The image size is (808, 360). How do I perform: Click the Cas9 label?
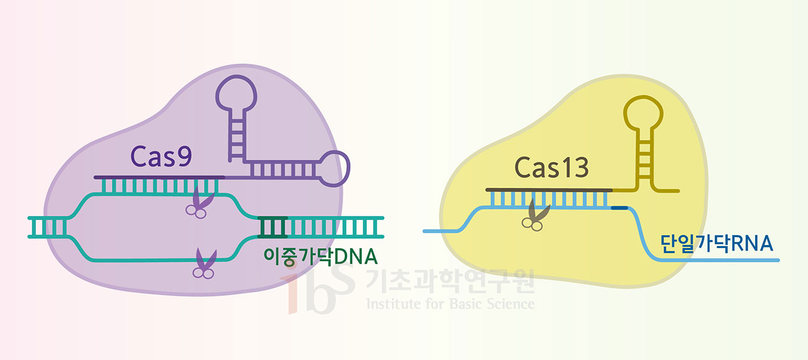tap(161, 157)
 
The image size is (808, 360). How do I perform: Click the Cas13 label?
tap(552, 168)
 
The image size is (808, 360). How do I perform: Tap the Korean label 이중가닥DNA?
tap(321, 256)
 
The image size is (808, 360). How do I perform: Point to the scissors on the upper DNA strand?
tap(199, 203)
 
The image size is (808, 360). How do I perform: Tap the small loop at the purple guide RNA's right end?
tap(336, 168)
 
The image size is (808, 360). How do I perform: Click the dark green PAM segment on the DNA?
tap(272, 228)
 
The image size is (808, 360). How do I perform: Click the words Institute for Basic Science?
tap(450, 304)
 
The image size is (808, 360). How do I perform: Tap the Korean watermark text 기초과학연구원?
tap(450, 282)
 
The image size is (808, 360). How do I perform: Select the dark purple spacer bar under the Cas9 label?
tap(158, 177)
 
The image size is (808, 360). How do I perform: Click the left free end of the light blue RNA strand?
tap(425, 231)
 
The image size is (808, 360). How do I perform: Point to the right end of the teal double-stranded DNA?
tap(382, 228)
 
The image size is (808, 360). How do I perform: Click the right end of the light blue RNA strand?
tap(777, 260)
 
